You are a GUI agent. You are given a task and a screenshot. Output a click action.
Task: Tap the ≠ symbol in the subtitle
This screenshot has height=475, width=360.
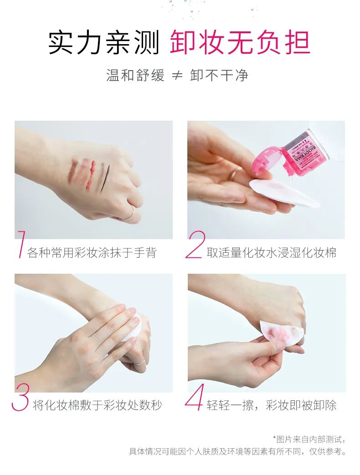pyautogui.click(x=177, y=76)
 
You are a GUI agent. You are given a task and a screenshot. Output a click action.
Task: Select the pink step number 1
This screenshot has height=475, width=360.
pyautogui.click(x=21, y=245)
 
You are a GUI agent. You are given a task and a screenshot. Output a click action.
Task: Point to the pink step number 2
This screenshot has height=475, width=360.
pyautogui.click(x=195, y=245)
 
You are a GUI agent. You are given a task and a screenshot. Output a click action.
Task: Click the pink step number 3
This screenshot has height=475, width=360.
pyautogui.click(x=21, y=397)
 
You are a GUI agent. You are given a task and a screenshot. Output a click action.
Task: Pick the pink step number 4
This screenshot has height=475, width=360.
pyautogui.click(x=194, y=397)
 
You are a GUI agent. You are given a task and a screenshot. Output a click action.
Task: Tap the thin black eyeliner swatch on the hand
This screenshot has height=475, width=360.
pyautogui.click(x=104, y=177)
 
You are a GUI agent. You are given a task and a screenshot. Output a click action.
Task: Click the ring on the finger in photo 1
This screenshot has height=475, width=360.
pyautogui.click(x=130, y=213)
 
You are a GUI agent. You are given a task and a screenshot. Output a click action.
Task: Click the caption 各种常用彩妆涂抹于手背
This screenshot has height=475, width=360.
pyautogui.click(x=92, y=252)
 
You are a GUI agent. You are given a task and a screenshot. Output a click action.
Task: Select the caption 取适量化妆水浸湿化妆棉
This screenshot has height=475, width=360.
pyautogui.click(x=271, y=252)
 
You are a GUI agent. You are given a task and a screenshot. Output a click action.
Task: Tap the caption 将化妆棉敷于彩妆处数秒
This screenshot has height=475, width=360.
pyautogui.click(x=97, y=405)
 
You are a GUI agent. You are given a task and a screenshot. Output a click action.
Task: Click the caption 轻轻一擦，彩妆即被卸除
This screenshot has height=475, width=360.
pyautogui.click(x=271, y=405)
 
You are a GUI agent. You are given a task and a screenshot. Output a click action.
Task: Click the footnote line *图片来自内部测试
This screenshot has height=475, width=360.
pyautogui.click(x=309, y=439)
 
